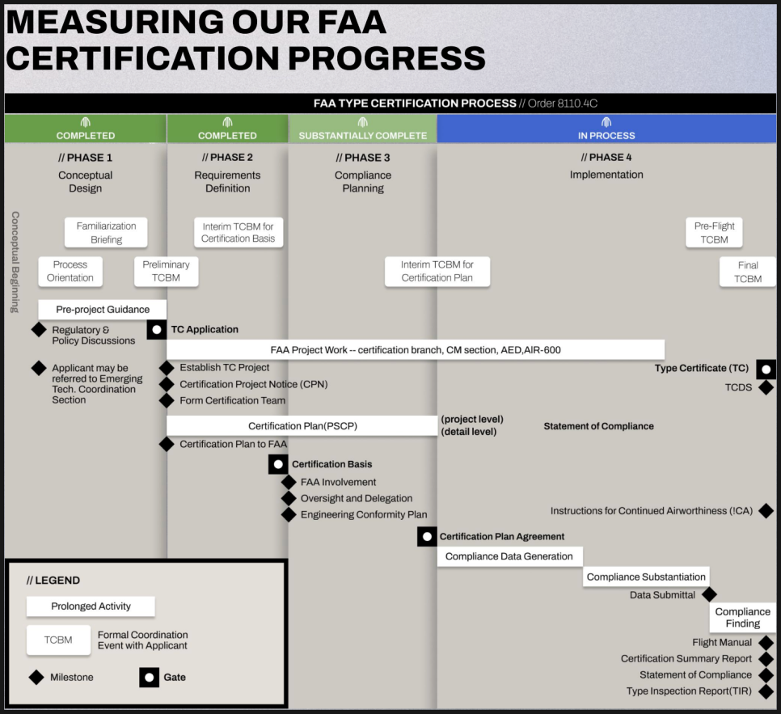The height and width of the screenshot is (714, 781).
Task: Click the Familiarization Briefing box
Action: tap(106, 232)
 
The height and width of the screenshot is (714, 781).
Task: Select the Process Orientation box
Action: tap(70, 271)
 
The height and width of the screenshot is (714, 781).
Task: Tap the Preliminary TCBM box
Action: tap(166, 271)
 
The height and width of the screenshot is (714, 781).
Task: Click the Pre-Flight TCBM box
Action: tap(715, 232)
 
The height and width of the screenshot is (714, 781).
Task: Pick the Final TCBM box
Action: tap(748, 272)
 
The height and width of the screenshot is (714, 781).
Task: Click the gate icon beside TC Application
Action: tap(156, 329)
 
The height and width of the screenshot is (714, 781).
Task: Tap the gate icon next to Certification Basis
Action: tap(278, 464)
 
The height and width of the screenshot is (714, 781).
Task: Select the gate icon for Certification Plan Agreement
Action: tap(427, 536)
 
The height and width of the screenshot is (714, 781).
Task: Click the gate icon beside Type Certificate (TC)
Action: tap(766, 369)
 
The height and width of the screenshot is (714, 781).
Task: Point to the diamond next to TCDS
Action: tap(766, 387)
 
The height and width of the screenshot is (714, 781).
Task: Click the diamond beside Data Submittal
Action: tap(709, 594)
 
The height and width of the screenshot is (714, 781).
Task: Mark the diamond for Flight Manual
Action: tap(766, 643)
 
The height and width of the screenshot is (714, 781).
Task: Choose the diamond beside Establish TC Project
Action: tap(167, 368)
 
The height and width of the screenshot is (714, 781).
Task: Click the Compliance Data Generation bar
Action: tap(509, 556)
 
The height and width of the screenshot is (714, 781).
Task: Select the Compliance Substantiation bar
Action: tap(646, 577)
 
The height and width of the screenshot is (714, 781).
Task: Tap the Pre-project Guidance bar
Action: tap(103, 310)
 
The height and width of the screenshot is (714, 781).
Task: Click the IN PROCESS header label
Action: tap(606, 135)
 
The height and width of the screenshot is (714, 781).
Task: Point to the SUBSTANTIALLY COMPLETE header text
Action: tap(362, 135)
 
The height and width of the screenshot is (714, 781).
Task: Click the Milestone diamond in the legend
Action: tap(36, 677)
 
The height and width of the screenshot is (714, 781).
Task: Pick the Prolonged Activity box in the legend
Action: tap(91, 606)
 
